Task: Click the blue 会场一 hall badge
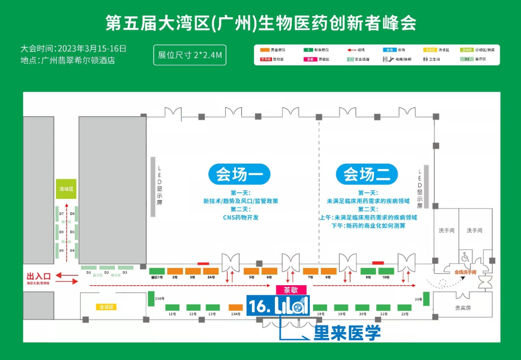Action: (239, 174)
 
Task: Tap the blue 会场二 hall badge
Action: (367, 174)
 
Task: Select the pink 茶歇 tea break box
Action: (291, 290)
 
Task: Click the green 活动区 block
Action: (66, 189)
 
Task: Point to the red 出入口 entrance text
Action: (39, 276)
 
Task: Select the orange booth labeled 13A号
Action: (235, 307)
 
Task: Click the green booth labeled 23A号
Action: (151, 298)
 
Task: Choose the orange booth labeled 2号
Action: (175, 271)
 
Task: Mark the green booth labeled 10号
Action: (385, 271)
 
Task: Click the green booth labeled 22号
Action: (404, 307)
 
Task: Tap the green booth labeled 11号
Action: (172, 307)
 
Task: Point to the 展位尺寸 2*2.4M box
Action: (190, 55)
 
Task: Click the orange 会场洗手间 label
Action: (465, 272)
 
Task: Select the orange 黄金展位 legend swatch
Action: (264, 50)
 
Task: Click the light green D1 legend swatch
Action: (466, 59)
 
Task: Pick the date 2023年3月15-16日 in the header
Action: (92, 48)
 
